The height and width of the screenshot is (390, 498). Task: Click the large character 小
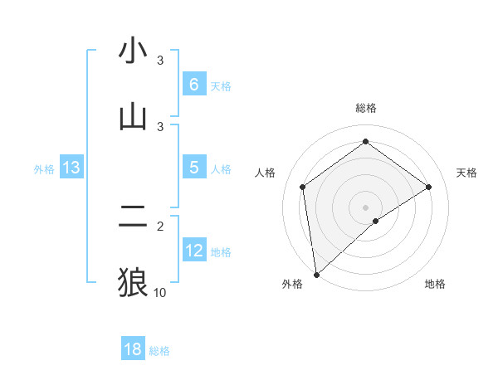(x=133, y=51)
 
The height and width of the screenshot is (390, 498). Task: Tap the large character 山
(x=133, y=117)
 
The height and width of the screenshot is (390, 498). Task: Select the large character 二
(x=133, y=217)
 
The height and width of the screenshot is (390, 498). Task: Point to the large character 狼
(x=133, y=282)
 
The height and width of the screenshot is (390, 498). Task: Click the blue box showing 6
(x=193, y=84)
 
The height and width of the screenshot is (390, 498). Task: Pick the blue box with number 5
(x=193, y=167)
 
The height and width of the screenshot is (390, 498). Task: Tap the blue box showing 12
(x=194, y=250)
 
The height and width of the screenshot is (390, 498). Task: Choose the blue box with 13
(x=71, y=168)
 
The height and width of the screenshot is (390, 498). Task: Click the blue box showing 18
(x=133, y=349)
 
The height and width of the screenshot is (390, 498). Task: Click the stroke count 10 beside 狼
(x=160, y=292)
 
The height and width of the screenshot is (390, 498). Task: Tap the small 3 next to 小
(x=160, y=61)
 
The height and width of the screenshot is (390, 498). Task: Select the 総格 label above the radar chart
(x=366, y=108)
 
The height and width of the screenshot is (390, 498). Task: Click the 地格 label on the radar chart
(x=435, y=284)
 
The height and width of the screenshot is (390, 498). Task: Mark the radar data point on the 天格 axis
(x=429, y=187)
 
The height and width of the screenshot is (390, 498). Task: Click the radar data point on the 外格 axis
(x=316, y=274)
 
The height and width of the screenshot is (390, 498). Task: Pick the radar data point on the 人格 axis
(x=303, y=187)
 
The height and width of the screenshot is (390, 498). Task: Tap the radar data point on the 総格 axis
(x=366, y=142)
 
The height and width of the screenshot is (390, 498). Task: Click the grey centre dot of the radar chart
(x=366, y=207)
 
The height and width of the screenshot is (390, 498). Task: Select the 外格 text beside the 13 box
(x=44, y=168)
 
